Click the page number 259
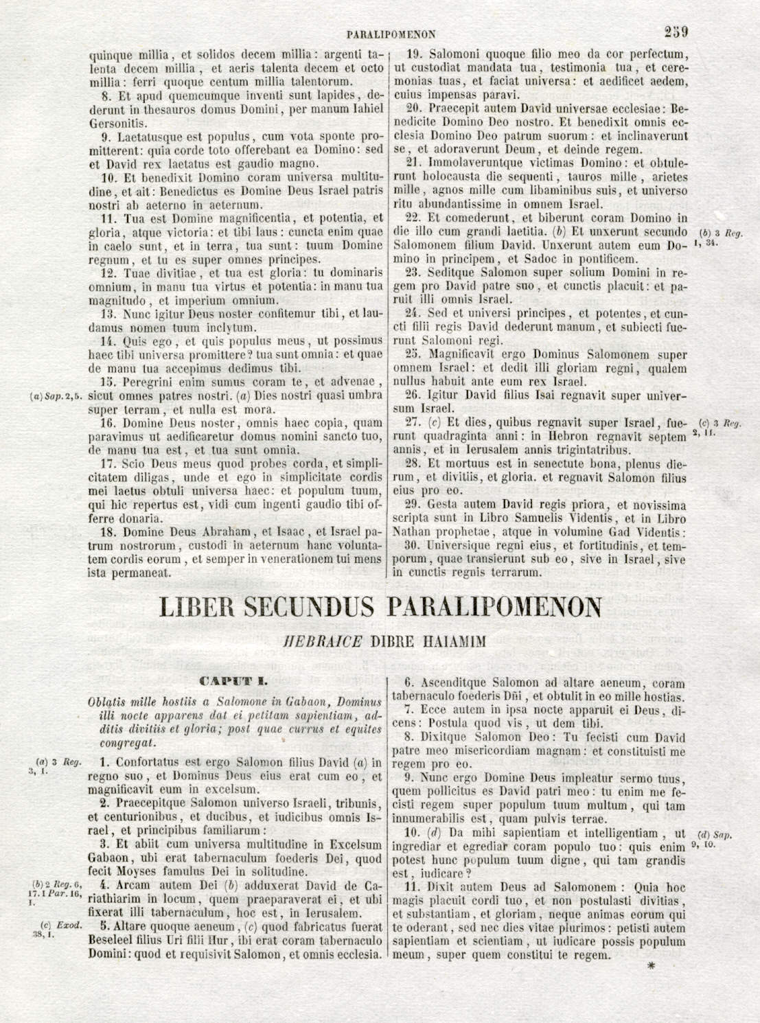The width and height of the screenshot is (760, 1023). click(x=676, y=32)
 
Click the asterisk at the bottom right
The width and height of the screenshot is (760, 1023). click(x=652, y=969)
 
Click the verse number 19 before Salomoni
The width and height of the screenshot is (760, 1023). click(x=413, y=54)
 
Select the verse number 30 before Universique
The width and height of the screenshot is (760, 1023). click(x=413, y=546)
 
